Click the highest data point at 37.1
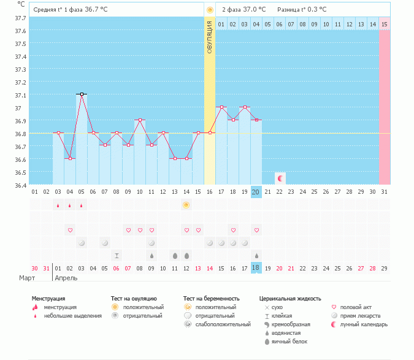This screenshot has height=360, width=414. tap(82, 94)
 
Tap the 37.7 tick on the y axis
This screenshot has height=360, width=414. tap(20, 18)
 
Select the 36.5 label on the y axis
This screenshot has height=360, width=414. tap(20, 172)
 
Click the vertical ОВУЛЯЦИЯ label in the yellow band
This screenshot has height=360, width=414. tap(210, 37)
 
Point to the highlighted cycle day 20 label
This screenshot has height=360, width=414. tap(256, 192)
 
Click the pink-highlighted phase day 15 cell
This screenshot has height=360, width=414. tap(384, 24)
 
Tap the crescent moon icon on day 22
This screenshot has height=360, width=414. tap(280, 178)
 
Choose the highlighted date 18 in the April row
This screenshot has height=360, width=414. tap(256, 268)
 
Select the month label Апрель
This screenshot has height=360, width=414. tap(67, 278)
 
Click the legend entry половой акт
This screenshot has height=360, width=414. tap(355, 307)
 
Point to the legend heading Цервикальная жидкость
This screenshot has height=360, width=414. tap(290, 299)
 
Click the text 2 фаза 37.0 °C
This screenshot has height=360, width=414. tap(243, 10)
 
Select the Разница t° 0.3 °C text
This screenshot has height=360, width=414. tap(302, 10)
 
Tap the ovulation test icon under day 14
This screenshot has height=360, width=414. tap(186, 205)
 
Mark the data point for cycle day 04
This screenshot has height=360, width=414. tap(70, 158)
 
